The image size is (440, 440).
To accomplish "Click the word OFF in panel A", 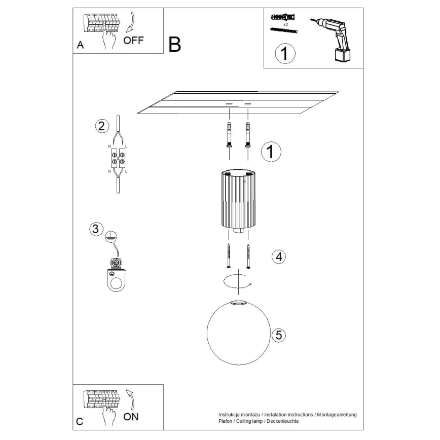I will pos(134,41).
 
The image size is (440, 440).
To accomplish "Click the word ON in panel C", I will pos(131,417).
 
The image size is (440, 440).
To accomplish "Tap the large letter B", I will pos(174,45).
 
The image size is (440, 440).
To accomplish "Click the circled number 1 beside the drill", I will pos(285,53).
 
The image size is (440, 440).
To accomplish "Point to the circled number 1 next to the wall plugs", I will pos(271,151).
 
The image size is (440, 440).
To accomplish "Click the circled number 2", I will pos(102,126).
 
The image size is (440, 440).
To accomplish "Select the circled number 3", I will pos(95,229).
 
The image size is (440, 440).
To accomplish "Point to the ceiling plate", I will pos(238,103).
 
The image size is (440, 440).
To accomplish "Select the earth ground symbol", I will pos(111,235).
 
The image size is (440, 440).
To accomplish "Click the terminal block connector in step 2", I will pos(118,158).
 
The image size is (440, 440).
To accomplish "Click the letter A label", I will pos(80,45).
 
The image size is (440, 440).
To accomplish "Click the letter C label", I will pos(80,421).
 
